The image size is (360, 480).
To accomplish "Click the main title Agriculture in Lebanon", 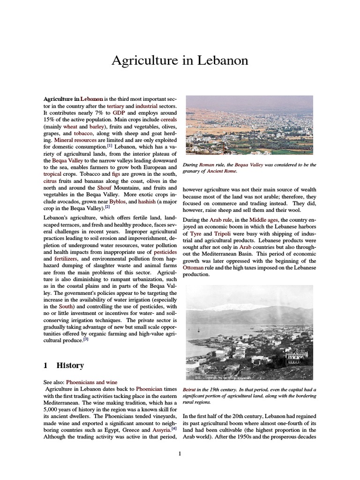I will [180, 61].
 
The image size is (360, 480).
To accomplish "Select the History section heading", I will [70, 365].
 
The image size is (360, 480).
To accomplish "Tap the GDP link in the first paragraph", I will [118, 113].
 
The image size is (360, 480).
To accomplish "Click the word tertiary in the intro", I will [115, 107].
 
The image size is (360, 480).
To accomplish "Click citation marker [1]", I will [110, 146].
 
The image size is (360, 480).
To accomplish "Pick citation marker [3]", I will [86, 339].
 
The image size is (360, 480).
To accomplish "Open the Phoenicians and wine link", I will [91, 382].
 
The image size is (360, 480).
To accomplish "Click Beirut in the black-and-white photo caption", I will [189, 390].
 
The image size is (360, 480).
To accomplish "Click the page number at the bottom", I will [180, 453].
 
